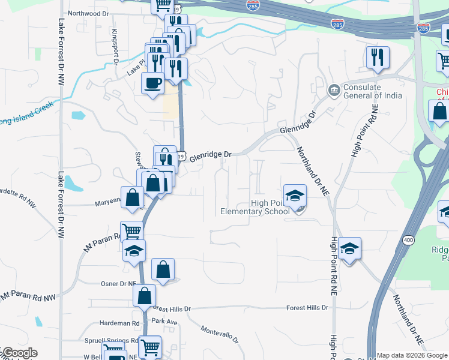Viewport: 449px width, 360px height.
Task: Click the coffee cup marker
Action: [152, 82]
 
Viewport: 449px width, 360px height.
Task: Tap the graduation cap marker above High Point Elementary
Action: [295, 196]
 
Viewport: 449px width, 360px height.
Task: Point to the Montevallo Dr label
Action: [220, 335]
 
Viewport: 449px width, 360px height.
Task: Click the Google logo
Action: [19, 353]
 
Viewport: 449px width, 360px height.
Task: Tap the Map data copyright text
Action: [412, 355]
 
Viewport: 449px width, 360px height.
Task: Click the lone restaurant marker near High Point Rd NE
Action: [378, 58]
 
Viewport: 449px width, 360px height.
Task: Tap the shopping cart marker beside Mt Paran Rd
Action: [131, 231]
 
